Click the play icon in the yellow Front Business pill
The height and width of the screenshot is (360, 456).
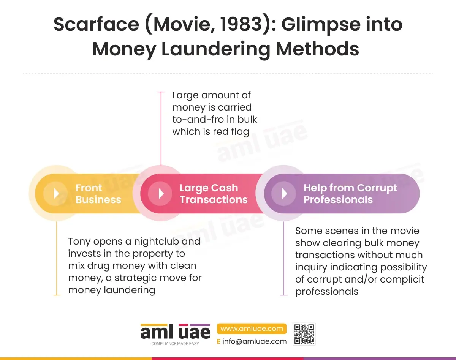(56, 194)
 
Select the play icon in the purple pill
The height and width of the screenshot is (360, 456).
(284, 194)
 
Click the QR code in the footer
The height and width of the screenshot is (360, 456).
(304, 334)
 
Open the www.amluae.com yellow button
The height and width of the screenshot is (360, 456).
(252, 328)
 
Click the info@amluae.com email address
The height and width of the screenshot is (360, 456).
(254, 341)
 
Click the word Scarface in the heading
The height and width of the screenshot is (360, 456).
(97, 24)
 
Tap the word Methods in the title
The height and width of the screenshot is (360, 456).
(317, 49)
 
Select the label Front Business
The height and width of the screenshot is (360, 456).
(98, 194)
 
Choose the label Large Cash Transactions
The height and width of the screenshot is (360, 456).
(214, 194)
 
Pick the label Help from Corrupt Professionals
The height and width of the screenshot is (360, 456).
(350, 194)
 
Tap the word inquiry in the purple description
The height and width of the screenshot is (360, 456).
(309, 267)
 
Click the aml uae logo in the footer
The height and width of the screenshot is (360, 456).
(175, 331)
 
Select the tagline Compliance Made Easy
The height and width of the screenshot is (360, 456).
(175, 344)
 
